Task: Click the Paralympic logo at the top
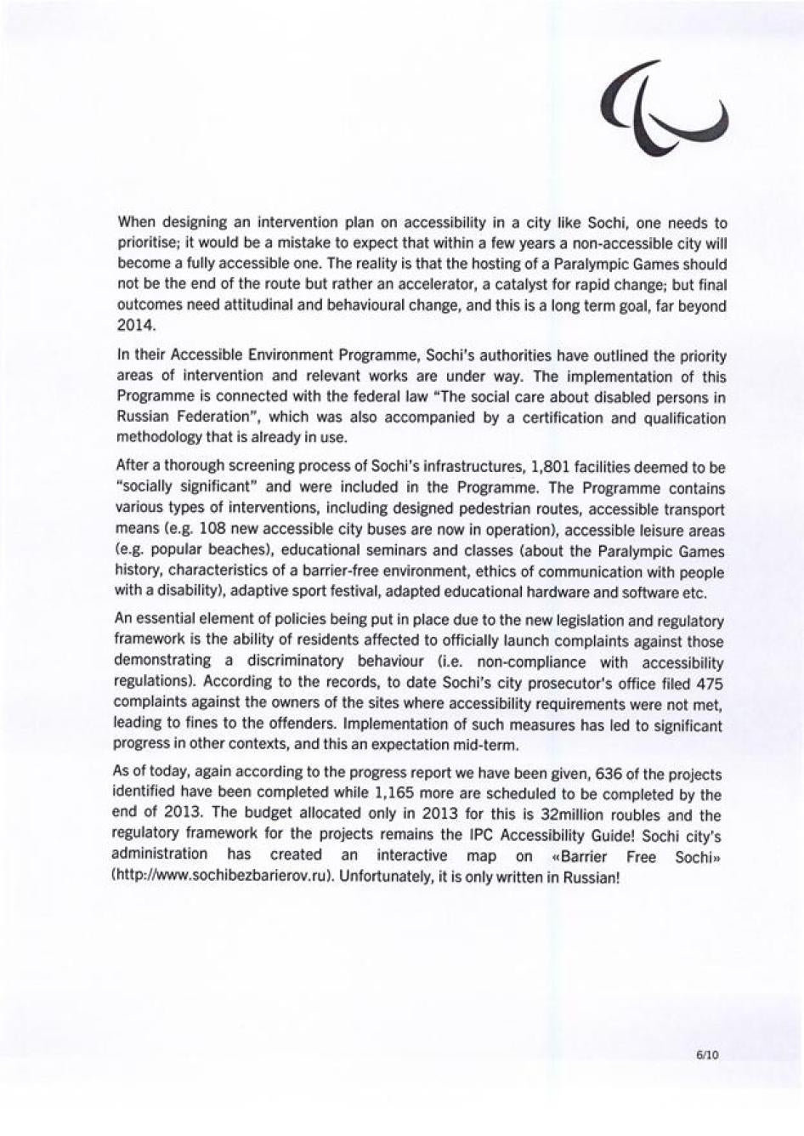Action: click(x=664, y=108)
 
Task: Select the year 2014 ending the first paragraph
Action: click(x=132, y=327)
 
